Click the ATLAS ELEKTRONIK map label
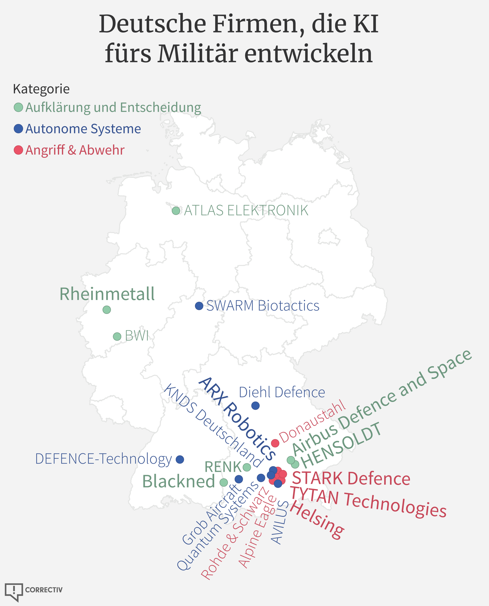coord(246,211)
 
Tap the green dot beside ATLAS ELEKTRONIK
coord(176,211)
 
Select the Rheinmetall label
coord(107,294)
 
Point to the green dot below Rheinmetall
coord(106,310)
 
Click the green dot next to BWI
coord(117,336)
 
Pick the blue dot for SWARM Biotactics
coord(199,306)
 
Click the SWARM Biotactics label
coord(263,306)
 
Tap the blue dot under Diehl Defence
coord(256,406)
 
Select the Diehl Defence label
coord(282,392)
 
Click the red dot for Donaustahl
coord(275,443)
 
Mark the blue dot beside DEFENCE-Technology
coord(180,459)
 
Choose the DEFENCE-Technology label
coord(104,459)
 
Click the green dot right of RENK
coord(247,467)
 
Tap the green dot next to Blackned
coord(224,482)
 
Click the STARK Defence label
coord(351,479)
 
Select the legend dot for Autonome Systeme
coord(18,129)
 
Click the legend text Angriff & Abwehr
coord(75,150)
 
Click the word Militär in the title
coord(197,53)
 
